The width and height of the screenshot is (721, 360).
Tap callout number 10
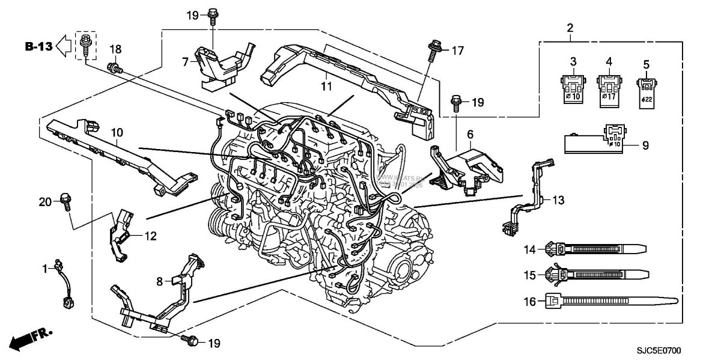click(x=115, y=130)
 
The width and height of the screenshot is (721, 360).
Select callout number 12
click(x=150, y=236)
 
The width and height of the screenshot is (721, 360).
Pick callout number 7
click(x=185, y=60)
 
